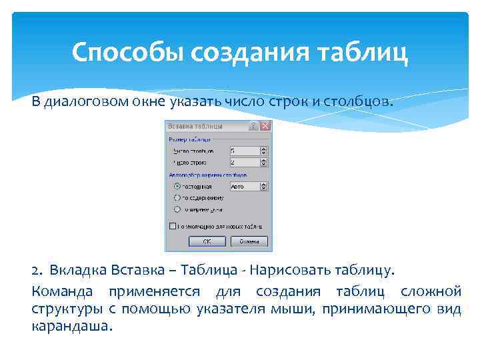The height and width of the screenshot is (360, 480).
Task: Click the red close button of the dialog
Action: click(x=265, y=125)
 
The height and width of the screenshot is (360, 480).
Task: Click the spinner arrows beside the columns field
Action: click(x=263, y=151)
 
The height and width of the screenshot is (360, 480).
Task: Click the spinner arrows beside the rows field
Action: click(x=263, y=162)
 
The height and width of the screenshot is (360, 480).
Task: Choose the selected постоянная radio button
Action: click(x=177, y=187)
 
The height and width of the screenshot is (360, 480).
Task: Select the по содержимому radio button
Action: click(x=177, y=198)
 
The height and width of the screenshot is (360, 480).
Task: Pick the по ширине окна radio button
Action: click(x=177, y=209)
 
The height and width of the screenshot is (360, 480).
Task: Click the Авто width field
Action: click(x=243, y=187)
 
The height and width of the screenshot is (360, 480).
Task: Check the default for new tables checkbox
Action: click(x=173, y=226)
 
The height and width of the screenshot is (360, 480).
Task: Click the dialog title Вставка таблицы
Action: click(x=195, y=125)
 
